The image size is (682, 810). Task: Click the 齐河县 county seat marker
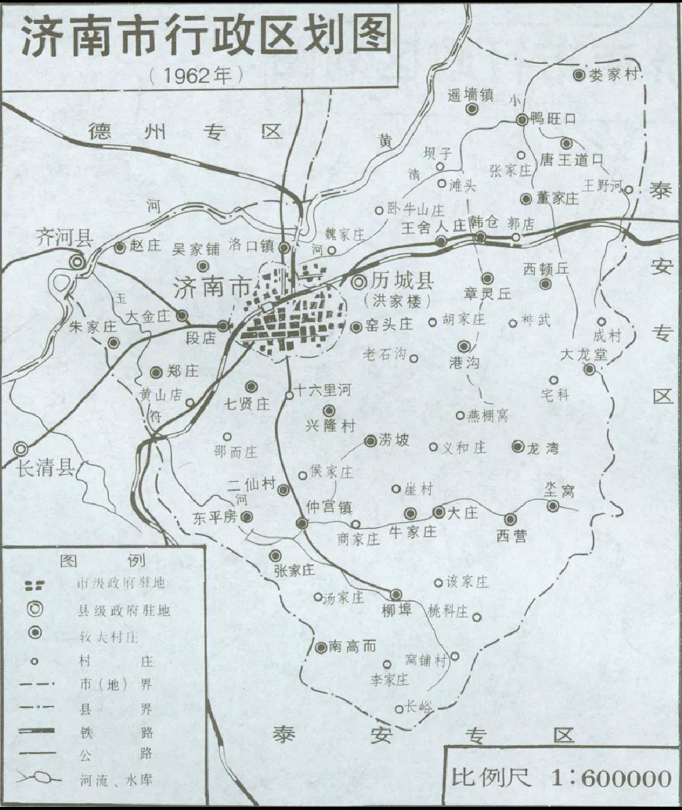(x=78, y=261)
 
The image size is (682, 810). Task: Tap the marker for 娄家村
(x=578, y=75)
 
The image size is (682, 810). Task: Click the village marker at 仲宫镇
(x=302, y=523)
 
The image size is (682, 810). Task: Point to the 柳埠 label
(x=397, y=610)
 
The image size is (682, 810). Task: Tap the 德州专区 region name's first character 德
(x=100, y=131)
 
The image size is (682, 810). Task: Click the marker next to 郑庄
(x=156, y=372)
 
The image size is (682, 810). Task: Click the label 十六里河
(x=322, y=391)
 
